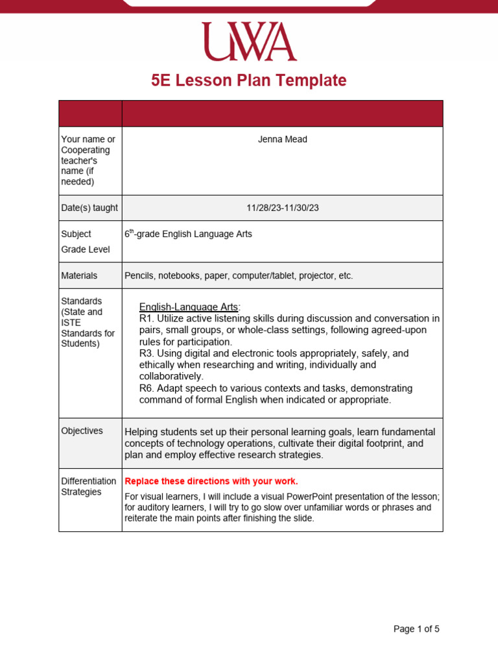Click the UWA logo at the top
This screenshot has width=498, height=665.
(249, 42)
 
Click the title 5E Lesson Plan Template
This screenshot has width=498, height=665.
(249, 81)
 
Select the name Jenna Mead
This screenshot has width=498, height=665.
(282, 140)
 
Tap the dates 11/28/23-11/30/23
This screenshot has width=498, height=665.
(283, 208)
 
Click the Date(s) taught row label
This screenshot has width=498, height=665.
(89, 208)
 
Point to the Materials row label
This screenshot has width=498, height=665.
(79, 275)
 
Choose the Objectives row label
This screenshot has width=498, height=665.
(82, 431)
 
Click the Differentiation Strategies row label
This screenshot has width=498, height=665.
(89, 486)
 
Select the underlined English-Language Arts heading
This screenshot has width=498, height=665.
(189, 307)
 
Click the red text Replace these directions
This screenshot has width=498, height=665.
(211, 481)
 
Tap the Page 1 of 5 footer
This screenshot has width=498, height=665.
(416, 629)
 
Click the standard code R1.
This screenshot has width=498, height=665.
(145, 318)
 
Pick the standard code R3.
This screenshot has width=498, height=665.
(145, 353)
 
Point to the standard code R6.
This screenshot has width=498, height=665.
(145, 388)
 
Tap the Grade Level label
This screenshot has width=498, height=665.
(86, 249)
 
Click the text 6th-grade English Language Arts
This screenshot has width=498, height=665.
(188, 234)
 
